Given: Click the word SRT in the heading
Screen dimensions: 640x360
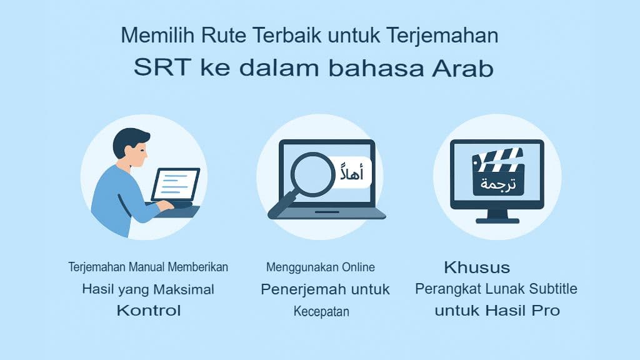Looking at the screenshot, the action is (162, 67).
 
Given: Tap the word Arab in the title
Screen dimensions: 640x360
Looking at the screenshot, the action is (463, 67).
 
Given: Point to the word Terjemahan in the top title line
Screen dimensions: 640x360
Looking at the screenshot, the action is (442, 35).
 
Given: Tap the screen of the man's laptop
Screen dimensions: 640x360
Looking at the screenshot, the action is (176, 184).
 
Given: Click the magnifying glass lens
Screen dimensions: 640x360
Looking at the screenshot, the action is (312, 174).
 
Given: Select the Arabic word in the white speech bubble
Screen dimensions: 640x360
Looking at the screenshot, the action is (351, 172).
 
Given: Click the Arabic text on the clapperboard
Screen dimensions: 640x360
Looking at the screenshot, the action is (497, 184).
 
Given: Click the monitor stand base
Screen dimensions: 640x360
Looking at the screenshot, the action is (497, 221).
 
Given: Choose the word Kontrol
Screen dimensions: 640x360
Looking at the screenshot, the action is (149, 310).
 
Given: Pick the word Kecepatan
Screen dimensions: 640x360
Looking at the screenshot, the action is (321, 311).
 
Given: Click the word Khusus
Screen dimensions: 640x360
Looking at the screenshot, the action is (477, 267).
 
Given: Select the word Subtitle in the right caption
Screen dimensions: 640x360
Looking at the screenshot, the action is (553, 289).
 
